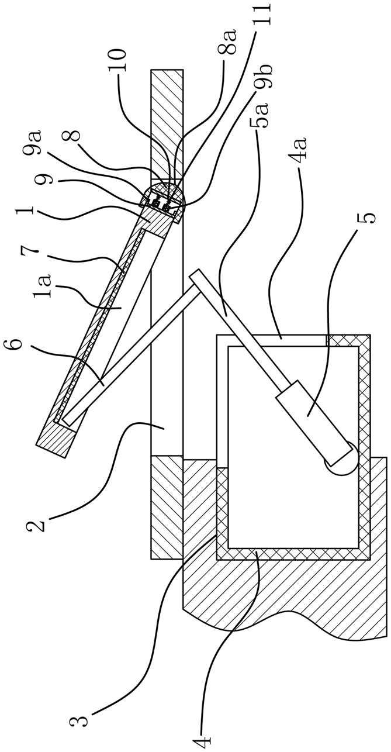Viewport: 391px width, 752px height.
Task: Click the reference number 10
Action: [117, 60]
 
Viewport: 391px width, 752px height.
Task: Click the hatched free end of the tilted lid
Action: [56, 439]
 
